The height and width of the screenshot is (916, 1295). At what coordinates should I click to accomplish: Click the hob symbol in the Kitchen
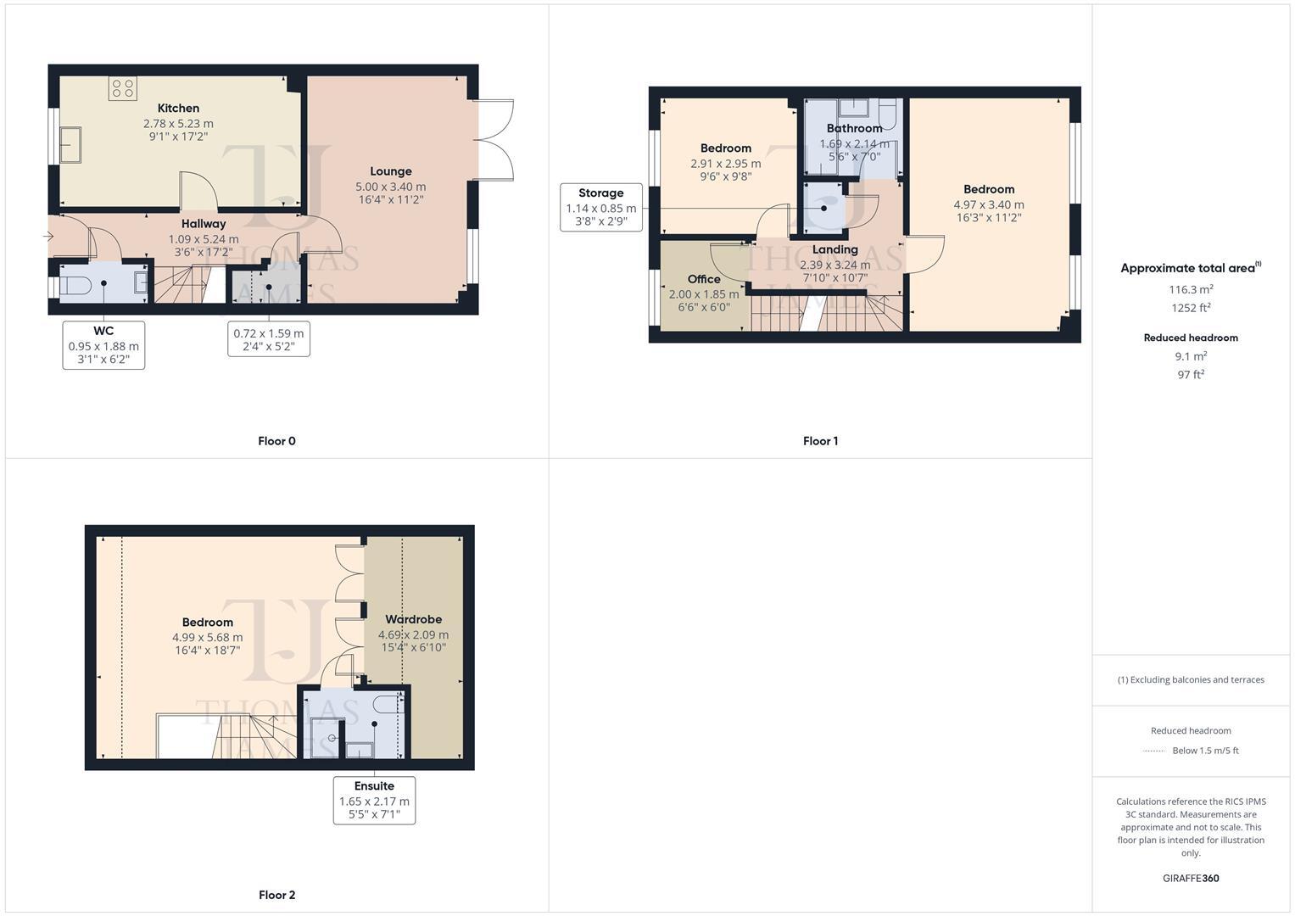click(x=123, y=88)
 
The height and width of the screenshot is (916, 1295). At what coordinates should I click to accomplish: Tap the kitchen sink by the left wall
click(x=70, y=144)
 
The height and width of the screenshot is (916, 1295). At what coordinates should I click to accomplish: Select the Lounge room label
click(x=390, y=171)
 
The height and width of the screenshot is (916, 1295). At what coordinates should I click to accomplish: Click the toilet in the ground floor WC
click(x=75, y=284)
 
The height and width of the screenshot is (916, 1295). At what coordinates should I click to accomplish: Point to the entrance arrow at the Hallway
click(x=48, y=237)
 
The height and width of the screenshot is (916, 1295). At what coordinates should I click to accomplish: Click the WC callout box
click(x=103, y=345)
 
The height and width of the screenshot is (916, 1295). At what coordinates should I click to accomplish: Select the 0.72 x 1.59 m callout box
click(x=269, y=339)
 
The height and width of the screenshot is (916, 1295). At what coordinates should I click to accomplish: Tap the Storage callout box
click(x=600, y=208)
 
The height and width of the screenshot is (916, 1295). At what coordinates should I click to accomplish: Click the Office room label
click(x=704, y=279)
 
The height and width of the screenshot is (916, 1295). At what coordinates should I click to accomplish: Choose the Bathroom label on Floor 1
click(x=854, y=129)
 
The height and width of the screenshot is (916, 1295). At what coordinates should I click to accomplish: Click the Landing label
click(x=834, y=250)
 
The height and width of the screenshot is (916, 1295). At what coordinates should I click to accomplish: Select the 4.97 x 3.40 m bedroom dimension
click(x=989, y=204)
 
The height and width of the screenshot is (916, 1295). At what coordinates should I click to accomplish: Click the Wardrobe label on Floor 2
click(x=413, y=620)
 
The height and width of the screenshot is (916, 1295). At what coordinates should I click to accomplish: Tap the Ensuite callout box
click(x=374, y=801)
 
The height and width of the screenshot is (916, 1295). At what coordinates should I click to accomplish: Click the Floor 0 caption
click(x=276, y=441)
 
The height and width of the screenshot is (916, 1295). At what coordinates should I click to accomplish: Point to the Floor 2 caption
click(x=276, y=895)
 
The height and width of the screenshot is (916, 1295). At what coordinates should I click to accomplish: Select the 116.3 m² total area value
click(x=1190, y=290)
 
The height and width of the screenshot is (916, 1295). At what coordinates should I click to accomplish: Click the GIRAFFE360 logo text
click(x=1190, y=879)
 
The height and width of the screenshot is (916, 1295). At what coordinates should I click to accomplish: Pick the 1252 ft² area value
click(x=1190, y=308)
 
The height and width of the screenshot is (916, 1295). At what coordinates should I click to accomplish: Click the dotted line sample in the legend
click(x=1154, y=751)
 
